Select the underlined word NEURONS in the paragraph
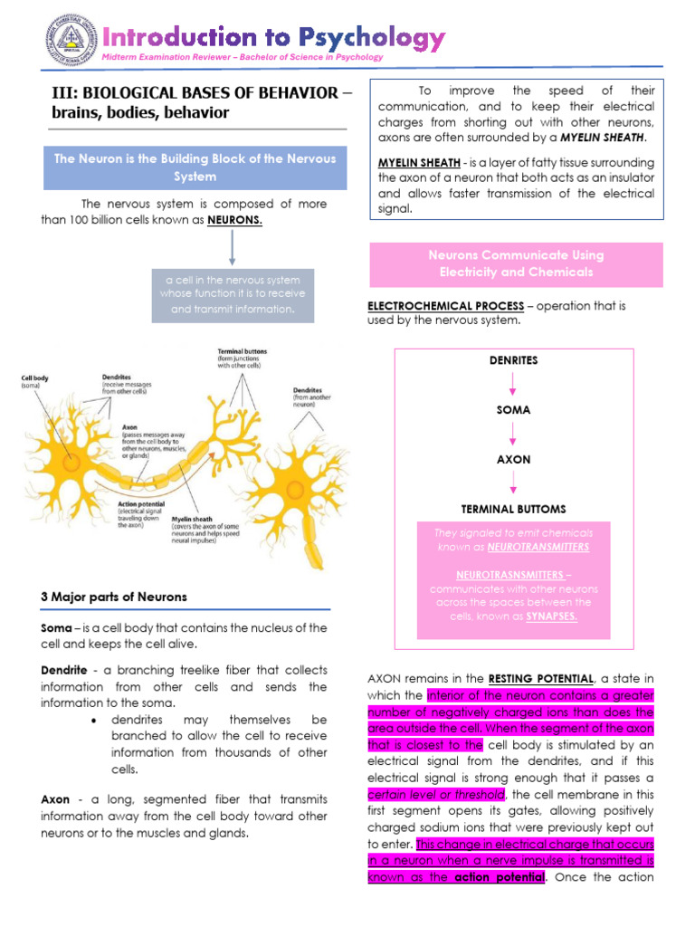tap(234, 220)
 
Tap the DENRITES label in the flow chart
tap(513, 360)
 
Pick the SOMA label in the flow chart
tap(513, 410)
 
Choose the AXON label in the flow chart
tap(513, 460)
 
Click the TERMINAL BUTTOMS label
tap(513, 510)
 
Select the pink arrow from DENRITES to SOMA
tap(513, 386)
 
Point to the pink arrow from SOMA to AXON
tap(513, 435)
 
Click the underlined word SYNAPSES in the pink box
tap(552, 616)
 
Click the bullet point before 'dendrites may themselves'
tap(95, 720)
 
